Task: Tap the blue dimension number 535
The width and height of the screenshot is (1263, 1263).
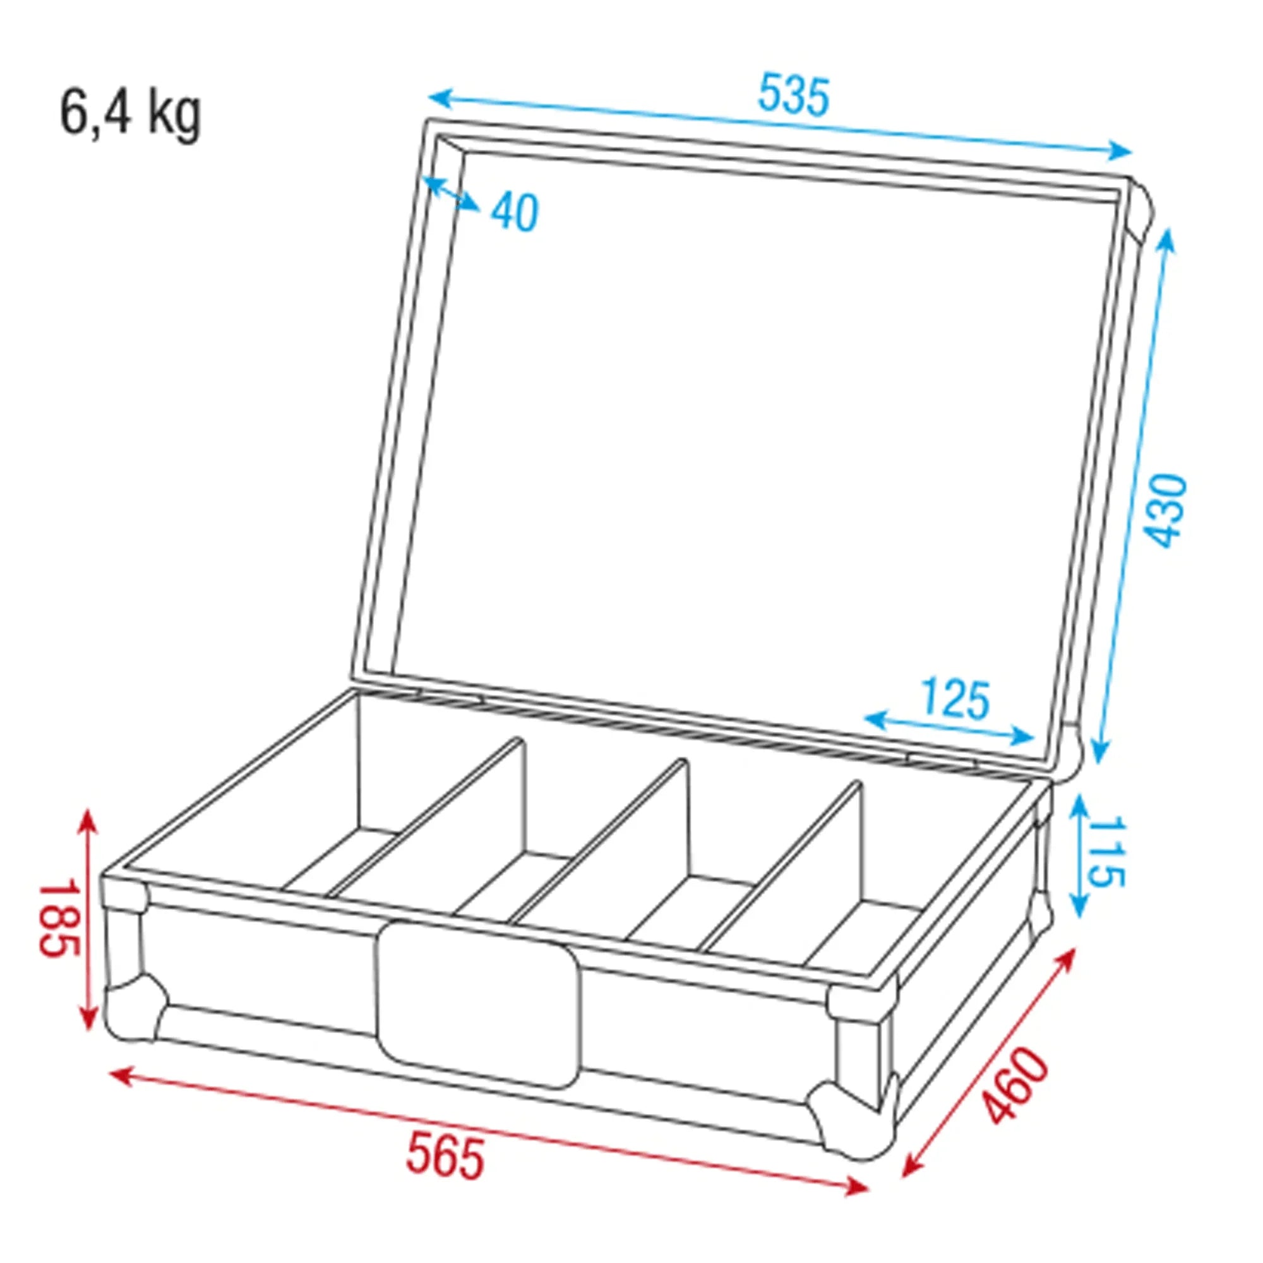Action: click(x=793, y=95)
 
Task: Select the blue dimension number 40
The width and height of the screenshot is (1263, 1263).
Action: click(x=515, y=212)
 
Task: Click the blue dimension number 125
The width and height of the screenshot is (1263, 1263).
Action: click(x=955, y=698)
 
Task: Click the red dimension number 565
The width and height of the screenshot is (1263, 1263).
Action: click(x=445, y=1158)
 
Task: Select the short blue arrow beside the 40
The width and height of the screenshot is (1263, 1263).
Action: click(x=452, y=193)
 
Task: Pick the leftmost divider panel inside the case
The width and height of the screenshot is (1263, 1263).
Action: click(x=458, y=817)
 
